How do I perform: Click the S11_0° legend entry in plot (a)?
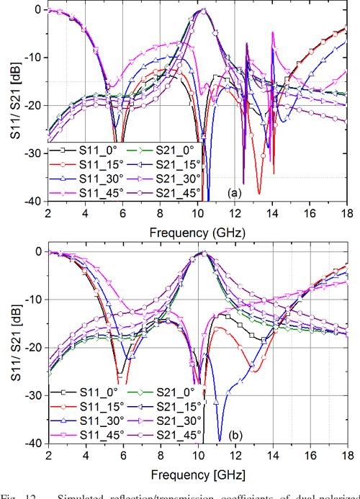(x=81, y=149)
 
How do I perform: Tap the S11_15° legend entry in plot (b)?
(x=81, y=406)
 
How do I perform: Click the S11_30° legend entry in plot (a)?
(x=81, y=179)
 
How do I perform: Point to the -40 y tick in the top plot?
(x=34, y=202)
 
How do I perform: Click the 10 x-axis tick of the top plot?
(x=197, y=214)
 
